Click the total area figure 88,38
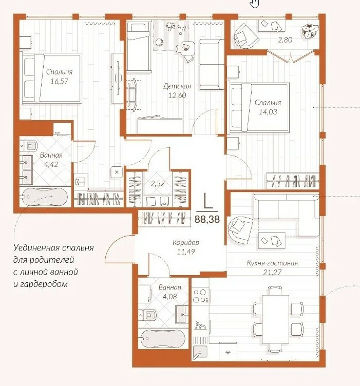tap(207, 219)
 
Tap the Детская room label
tap(177, 86)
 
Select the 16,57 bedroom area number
tap(59, 81)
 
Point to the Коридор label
tap(186, 242)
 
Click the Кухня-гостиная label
tap(272, 263)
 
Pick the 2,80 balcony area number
tap(285, 40)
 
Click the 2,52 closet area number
tap(157, 183)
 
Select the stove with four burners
tap(200, 296)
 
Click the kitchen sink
tap(200, 352)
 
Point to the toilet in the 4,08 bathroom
tap(148, 314)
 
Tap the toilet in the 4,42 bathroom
tap(29, 145)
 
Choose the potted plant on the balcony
tap(309, 31)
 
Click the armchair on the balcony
tap(245, 36)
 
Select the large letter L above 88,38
tap(208, 201)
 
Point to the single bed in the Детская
tap(138, 47)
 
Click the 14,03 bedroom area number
tap(268, 112)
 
